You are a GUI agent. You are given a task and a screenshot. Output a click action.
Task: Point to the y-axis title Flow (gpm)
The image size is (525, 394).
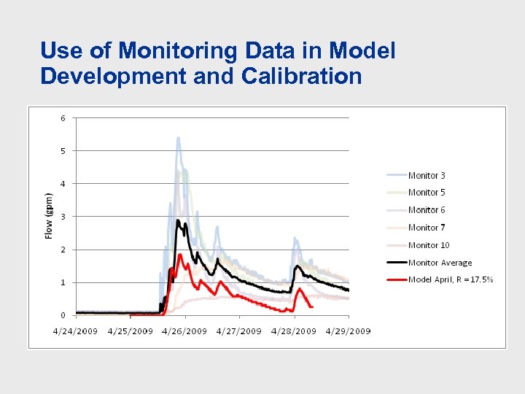click(49, 216)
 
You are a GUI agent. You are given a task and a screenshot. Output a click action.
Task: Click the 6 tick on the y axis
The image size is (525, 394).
click(63, 118)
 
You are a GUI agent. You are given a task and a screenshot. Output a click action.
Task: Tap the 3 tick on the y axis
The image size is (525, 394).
click(63, 217)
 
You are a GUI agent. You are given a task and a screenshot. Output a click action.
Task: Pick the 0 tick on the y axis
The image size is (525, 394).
click(63, 315)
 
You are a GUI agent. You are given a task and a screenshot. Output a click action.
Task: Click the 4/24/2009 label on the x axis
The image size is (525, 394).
click(76, 331)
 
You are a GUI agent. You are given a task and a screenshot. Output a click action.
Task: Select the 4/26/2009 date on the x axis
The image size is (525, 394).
click(185, 331)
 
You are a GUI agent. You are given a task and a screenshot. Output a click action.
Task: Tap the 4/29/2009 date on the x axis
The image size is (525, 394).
click(349, 331)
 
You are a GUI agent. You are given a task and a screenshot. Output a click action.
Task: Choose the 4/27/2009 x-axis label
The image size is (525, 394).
click(240, 331)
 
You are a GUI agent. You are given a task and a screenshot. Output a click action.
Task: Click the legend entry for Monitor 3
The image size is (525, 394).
click(427, 176)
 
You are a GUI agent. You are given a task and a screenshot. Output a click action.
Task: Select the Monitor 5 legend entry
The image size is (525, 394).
click(427, 193)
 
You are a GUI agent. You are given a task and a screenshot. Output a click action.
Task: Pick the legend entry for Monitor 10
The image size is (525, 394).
click(429, 245)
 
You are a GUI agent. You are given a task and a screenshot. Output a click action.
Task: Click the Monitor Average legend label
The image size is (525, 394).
click(440, 263)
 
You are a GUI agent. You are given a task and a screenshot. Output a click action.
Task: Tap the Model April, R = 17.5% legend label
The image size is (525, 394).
click(451, 279)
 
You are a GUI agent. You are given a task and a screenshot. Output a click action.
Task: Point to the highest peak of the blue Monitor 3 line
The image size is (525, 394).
click(178, 138)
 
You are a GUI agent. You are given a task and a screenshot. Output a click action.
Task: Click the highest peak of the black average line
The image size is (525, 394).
click(178, 220)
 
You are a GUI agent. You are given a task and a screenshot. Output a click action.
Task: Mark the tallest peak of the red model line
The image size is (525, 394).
click(179, 255)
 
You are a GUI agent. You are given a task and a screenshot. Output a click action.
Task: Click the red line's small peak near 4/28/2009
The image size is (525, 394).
click(300, 289)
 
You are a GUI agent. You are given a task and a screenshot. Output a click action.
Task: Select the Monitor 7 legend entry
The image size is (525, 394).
click(427, 228)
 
